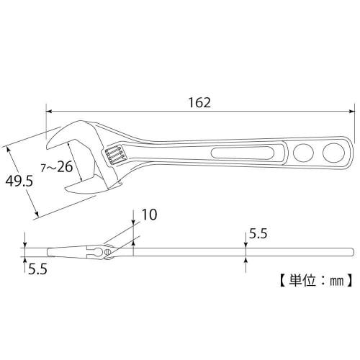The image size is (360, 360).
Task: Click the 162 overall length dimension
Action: click(x=202, y=102)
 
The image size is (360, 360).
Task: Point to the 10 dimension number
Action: click(x=150, y=215)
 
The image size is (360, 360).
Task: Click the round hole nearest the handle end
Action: click(x=333, y=153)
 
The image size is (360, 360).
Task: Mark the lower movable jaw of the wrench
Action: click(x=85, y=186)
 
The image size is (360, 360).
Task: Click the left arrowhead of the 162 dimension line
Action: click(x=50, y=112)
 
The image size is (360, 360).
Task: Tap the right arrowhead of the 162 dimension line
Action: click(x=352, y=112)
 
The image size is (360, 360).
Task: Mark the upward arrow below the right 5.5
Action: click(x=246, y=258)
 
